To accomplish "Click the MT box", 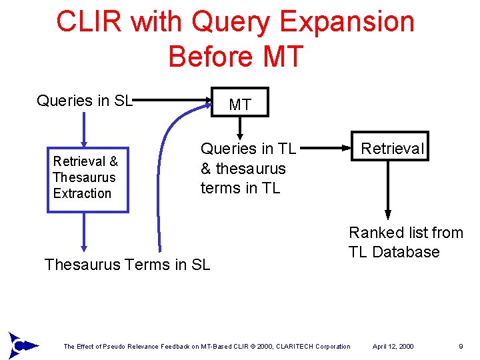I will tap(240, 103).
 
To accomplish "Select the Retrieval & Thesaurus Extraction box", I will tap(87, 177).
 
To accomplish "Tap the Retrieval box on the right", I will tap(391, 147).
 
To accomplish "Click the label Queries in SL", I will tap(85, 101).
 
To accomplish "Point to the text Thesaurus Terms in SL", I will tap(127, 265).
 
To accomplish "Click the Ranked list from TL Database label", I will tap(405, 242).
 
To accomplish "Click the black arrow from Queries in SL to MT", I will tap(173, 101).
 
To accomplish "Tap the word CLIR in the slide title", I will tap(89, 21).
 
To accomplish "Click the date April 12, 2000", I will tap(393, 347).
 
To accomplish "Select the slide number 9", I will tap(461, 347).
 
